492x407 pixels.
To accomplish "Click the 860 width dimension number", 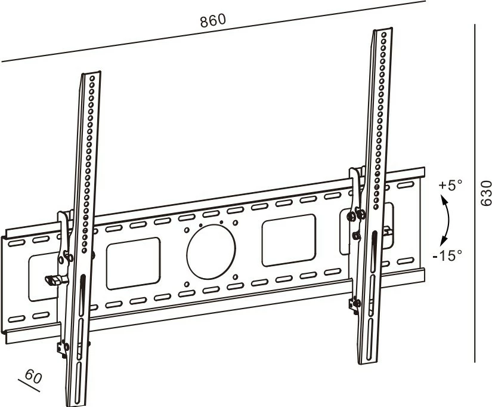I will [213, 20].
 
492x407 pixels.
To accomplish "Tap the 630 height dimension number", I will [486, 193].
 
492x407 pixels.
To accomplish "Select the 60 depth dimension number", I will [34, 377].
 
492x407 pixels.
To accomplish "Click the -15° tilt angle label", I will [448, 255].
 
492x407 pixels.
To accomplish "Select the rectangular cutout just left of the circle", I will [133, 263].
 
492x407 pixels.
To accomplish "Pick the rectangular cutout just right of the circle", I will [289, 240].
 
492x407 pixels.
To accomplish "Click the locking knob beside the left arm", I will [53, 279].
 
